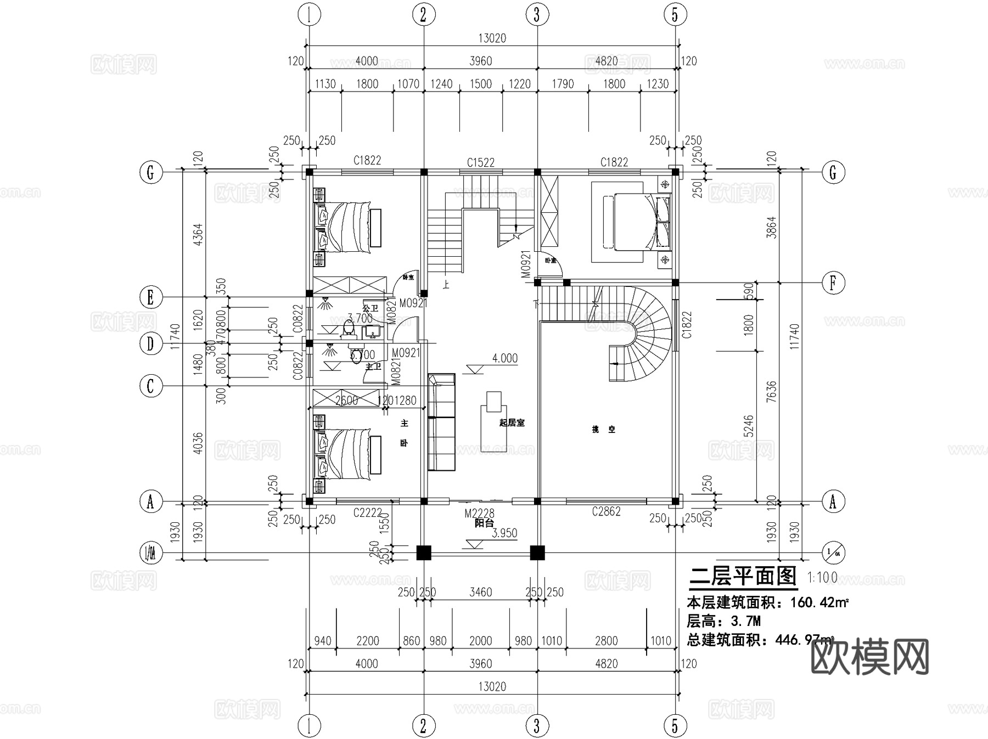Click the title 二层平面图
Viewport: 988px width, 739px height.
[x=742, y=576]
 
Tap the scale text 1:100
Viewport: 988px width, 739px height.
[x=822, y=577]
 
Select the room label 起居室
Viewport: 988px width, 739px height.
[x=512, y=422]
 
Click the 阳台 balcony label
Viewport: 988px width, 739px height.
[x=484, y=523]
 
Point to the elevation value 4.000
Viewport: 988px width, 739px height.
[x=504, y=358]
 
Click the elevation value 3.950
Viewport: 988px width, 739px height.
[x=504, y=533]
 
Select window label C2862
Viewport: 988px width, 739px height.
[x=606, y=511]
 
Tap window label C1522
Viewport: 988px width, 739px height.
[x=480, y=162]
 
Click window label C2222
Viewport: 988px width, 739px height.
[x=367, y=512]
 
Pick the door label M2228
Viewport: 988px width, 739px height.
[x=479, y=514]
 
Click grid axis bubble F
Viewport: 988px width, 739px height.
[x=833, y=283]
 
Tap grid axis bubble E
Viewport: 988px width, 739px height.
[x=150, y=298]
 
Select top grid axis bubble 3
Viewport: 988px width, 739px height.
[x=536, y=15]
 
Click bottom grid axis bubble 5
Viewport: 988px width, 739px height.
[x=675, y=726]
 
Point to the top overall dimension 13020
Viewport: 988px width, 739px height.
[x=492, y=38]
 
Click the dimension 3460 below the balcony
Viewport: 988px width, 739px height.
[x=480, y=592]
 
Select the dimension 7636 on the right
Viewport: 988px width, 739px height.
[x=771, y=392]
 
